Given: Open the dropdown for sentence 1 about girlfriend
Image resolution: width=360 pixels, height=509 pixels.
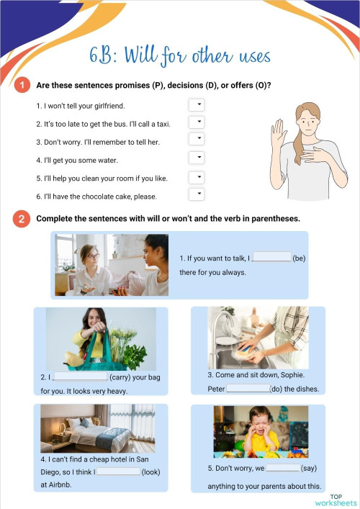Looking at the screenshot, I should pos(197,105).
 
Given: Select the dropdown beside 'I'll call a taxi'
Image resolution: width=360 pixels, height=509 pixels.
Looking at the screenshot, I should pos(197,122).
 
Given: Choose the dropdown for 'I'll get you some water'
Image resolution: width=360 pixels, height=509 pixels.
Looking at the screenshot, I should pos(197,158).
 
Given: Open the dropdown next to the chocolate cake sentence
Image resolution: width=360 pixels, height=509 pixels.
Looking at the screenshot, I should pos(197,194).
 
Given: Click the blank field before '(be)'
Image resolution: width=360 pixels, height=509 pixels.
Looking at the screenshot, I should pos(272,257).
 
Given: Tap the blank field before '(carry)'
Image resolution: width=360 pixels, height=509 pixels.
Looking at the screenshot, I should pos(80,376).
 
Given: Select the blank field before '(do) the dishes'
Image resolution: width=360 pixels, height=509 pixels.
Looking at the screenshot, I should pos(248,389).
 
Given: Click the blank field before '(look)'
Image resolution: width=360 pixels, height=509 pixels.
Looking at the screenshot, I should pos(118,472).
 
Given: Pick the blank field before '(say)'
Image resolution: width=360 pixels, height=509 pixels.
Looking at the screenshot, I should pos(282,467).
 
